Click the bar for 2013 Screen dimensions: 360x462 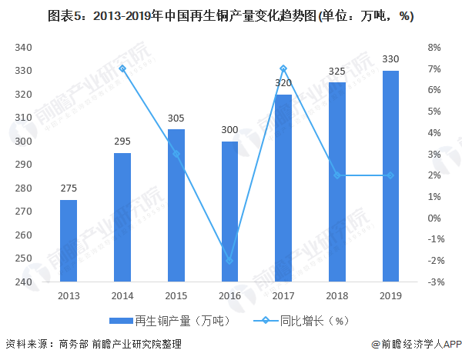[x=69, y=241]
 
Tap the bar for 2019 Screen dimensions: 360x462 [x=390, y=176]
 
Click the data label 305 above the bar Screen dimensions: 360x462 [x=176, y=118]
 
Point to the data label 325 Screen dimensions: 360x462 [x=336, y=72]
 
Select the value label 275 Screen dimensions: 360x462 [x=69, y=189]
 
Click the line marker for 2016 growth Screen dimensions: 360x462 [x=229, y=261]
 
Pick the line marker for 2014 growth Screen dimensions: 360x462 [x=122, y=68]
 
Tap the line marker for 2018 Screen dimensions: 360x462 [x=336, y=175]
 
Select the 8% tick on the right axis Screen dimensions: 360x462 [x=434, y=48]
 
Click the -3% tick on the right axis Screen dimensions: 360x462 [x=433, y=282]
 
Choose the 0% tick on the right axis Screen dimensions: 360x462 [x=434, y=218]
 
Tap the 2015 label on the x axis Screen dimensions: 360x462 [x=176, y=295]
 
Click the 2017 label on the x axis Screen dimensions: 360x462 [x=283, y=295]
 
